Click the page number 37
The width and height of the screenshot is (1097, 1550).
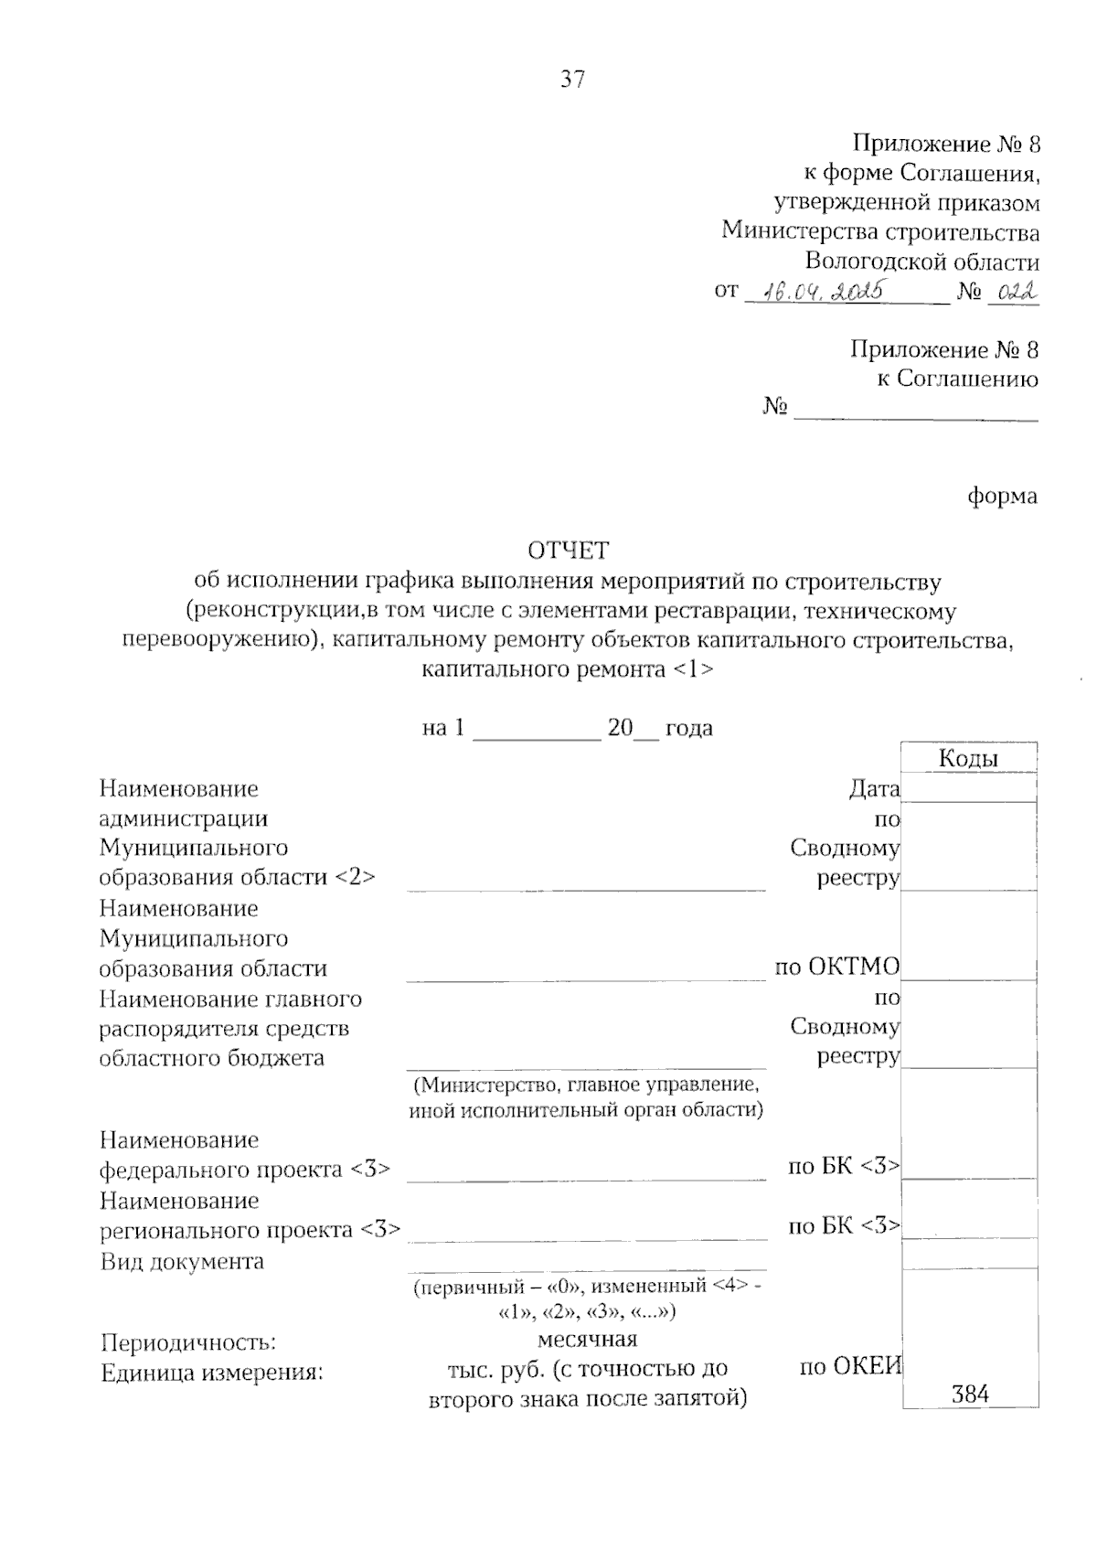(572, 80)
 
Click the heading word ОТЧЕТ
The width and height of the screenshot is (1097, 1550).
(568, 551)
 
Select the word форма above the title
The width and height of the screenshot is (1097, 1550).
(1003, 497)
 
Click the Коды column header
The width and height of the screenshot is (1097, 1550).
(968, 758)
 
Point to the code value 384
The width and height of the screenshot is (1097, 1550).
(970, 1394)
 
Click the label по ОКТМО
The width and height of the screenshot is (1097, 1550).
(836, 967)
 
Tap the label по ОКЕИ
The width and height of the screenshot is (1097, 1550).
(850, 1367)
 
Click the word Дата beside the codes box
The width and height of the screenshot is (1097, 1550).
(874, 788)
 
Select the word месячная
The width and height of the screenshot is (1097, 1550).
(586, 1340)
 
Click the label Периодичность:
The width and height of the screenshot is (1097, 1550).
(188, 1342)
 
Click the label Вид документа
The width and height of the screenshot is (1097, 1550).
(182, 1262)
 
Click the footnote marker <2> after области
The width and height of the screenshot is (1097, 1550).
(355, 877)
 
